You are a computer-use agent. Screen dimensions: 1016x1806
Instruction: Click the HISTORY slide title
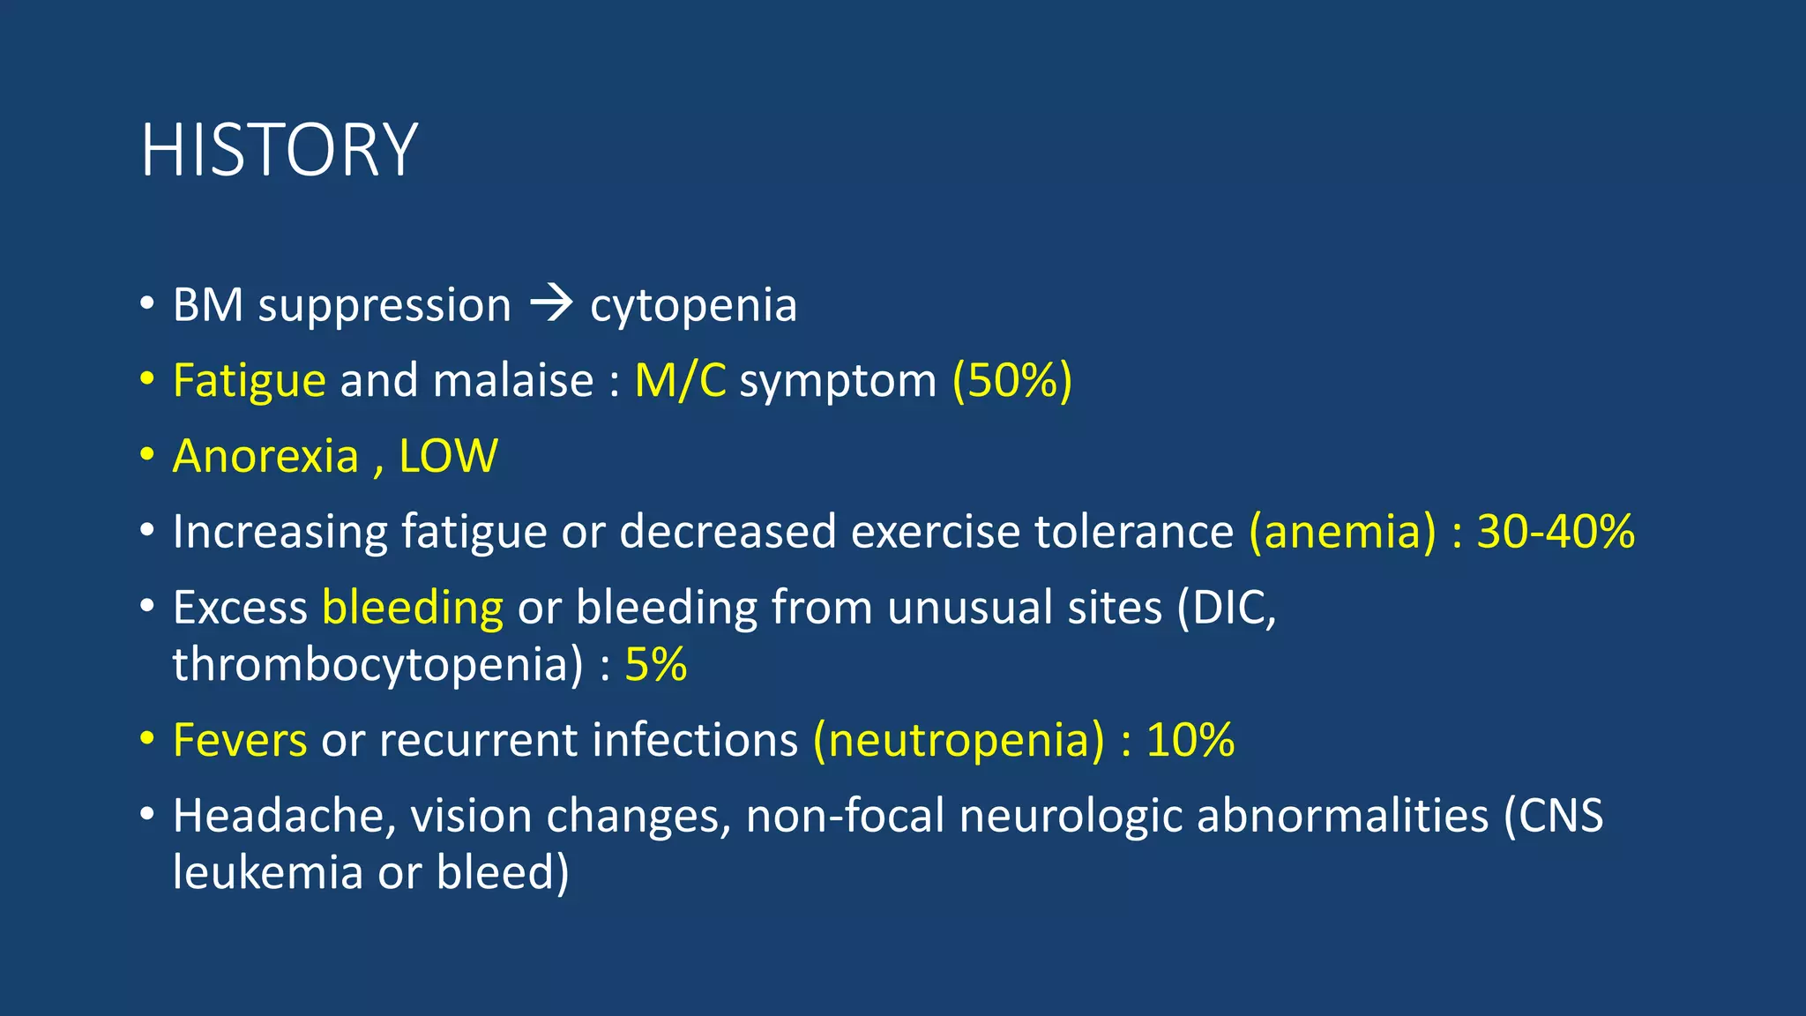(279, 150)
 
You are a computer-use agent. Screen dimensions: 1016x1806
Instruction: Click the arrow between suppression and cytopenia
(551, 305)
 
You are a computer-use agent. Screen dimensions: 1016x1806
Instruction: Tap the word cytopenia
(693, 306)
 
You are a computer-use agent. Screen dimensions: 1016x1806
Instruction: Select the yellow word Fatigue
(250, 381)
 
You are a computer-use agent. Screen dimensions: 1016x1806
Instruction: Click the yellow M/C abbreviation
(680, 381)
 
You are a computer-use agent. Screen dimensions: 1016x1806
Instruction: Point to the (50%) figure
(1011, 381)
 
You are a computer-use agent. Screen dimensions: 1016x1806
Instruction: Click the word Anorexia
(265, 456)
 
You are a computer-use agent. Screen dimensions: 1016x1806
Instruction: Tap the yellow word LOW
(448, 456)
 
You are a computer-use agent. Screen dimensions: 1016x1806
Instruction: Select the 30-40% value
(1556, 532)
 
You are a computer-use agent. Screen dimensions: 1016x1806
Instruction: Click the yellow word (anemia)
(1342, 532)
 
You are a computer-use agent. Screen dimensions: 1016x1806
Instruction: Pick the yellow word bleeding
(413, 608)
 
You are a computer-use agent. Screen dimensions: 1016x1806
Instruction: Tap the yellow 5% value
(655, 664)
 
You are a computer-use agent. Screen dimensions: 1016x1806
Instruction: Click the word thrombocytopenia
(377, 664)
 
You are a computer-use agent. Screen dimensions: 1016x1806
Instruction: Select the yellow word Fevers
(240, 739)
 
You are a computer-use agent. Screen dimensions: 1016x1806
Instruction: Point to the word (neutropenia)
(959, 739)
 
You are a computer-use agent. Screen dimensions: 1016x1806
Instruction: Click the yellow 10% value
(1190, 739)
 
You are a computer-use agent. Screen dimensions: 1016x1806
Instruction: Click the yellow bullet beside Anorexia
(147, 455)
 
